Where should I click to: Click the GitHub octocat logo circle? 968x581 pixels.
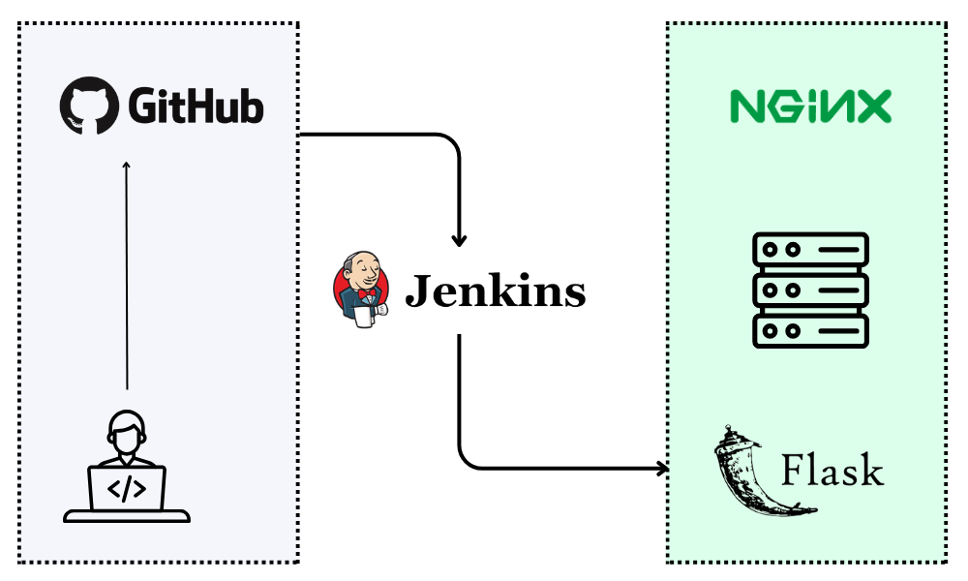tap(89, 106)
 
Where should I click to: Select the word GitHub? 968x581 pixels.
tap(195, 107)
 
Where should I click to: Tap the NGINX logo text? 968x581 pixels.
tap(810, 107)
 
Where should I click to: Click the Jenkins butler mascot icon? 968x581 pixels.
tap(361, 287)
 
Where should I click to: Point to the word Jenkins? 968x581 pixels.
tap(495, 290)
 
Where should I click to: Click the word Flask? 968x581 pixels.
tap(832, 471)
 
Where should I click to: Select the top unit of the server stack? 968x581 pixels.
tap(811, 250)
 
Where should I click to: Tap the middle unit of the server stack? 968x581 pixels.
tap(811, 290)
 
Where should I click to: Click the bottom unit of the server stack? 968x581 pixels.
tap(811, 329)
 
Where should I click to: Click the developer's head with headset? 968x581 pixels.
tap(127, 430)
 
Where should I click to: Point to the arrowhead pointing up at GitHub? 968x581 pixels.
tap(126, 166)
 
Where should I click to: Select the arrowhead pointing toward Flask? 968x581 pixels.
tap(663, 470)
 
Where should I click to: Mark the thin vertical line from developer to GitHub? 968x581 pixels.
tap(126, 281)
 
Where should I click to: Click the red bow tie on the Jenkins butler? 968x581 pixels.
tap(365, 292)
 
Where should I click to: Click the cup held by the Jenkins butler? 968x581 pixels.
tap(365, 316)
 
